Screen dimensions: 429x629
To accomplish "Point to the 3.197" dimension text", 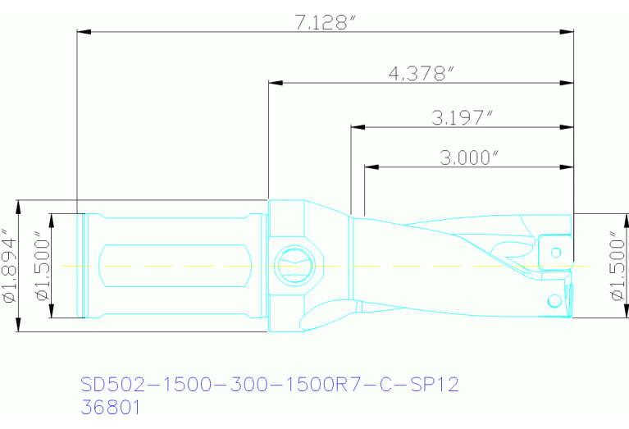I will coord(462,117).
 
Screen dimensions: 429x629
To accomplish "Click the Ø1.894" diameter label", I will coord(10,266).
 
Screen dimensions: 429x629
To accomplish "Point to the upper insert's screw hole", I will coord(556,251).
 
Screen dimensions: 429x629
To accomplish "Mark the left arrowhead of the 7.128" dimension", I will coord(81,33).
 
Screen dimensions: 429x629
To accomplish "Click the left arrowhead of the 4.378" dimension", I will coord(274,84).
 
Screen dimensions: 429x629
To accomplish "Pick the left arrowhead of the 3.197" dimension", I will coord(356,127).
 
